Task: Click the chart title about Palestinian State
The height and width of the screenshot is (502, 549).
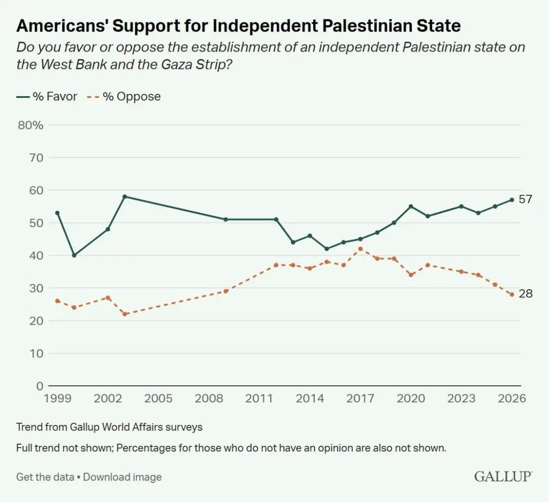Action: tap(238, 25)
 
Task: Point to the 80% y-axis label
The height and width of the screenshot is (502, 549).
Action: tap(30, 125)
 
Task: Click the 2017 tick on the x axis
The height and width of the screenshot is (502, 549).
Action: tap(360, 398)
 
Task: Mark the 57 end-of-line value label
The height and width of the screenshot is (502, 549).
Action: tap(525, 199)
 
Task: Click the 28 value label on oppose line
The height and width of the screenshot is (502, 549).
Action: tap(525, 293)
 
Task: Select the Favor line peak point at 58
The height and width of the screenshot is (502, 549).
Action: tap(125, 196)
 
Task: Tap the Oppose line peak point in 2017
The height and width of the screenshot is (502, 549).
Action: tap(360, 249)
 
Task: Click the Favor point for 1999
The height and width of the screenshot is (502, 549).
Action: tap(57, 213)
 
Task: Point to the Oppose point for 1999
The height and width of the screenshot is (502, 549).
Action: tap(57, 301)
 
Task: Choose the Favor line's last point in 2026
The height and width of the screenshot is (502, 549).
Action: tap(511, 200)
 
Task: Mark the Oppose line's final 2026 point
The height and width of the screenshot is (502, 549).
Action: tap(511, 294)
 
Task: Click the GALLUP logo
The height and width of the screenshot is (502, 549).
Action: tap(503, 477)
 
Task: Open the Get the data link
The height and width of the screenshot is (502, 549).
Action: tap(45, 477)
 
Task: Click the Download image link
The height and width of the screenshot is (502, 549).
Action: tap(122, 477)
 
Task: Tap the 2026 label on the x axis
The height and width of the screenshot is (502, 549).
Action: tap(511, 398)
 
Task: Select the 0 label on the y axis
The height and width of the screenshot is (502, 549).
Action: tap(40, 386)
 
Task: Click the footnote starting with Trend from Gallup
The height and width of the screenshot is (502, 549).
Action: tap(109, 427)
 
